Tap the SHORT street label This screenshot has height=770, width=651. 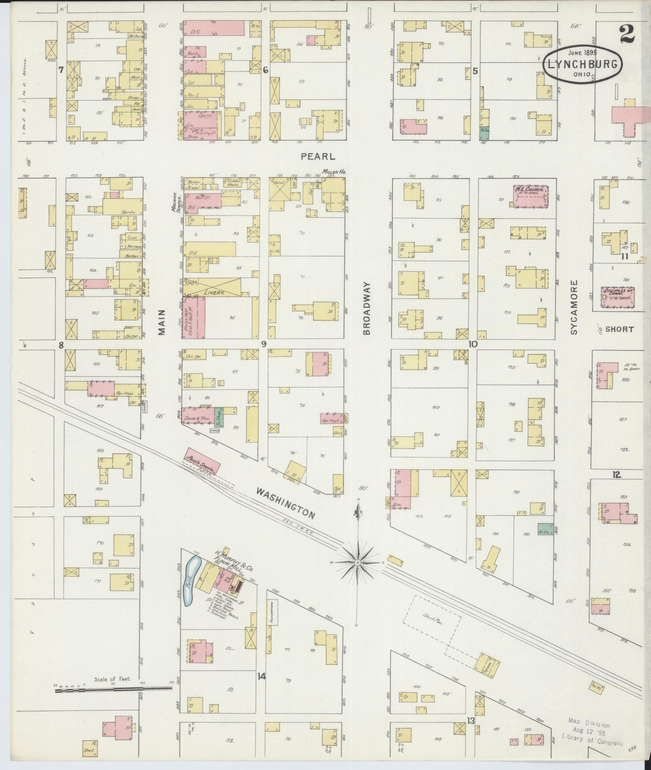(619, 330)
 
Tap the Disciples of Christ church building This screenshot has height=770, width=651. (618, 297)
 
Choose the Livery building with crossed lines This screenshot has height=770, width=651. (214, 288)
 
